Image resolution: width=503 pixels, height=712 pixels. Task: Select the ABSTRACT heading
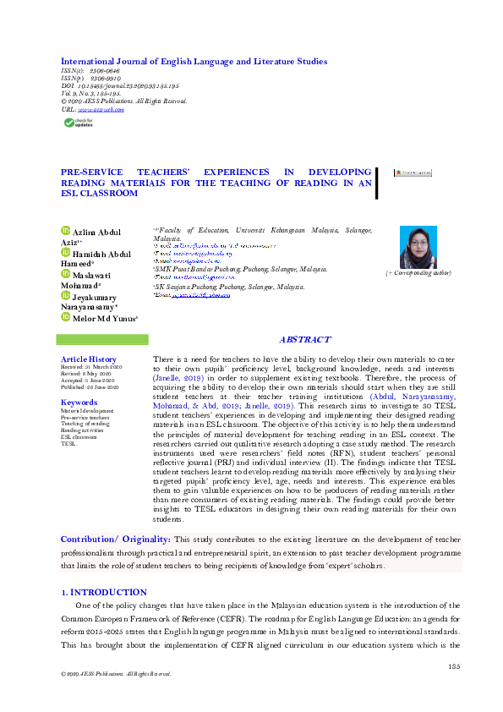[304, 340]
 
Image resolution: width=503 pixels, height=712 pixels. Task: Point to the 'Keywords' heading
[79, 403]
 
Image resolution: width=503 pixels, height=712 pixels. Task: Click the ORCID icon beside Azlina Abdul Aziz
[64, 230]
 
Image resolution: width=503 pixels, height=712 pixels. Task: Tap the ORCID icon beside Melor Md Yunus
[64, 317]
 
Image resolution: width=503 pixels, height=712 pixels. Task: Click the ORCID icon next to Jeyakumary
[64, 295]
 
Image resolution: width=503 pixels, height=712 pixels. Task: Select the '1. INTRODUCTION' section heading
[104, 593]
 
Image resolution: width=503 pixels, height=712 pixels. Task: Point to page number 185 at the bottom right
[455, 667]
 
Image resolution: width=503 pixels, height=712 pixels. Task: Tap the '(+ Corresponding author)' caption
[418, 273]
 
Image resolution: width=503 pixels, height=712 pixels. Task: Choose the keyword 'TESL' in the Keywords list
[68, 443]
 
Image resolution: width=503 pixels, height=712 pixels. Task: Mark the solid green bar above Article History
[101, 339]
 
